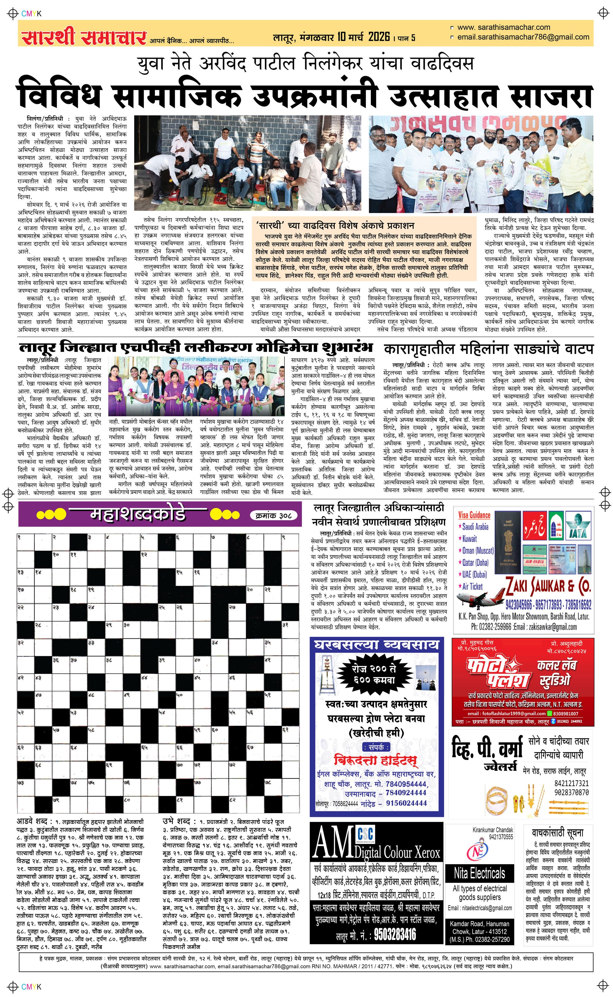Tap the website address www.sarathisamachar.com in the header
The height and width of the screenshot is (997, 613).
tap(504, 28)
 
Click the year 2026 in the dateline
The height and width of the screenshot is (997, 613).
tap(379, 37)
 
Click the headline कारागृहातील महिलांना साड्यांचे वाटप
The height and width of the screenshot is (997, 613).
tap(489, 349)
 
